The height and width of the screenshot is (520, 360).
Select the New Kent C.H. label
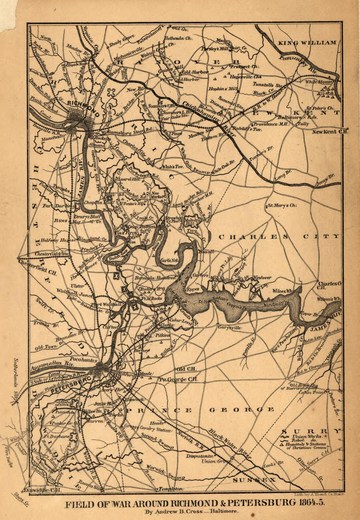click(x=329, y=132)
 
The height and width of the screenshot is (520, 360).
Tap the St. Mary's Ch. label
click(x=282, y=206)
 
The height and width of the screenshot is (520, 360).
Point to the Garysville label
click(x=229, y=327)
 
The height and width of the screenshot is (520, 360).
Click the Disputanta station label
click(x=200, y=456)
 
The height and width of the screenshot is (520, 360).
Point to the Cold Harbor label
click(x=195, y=72)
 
